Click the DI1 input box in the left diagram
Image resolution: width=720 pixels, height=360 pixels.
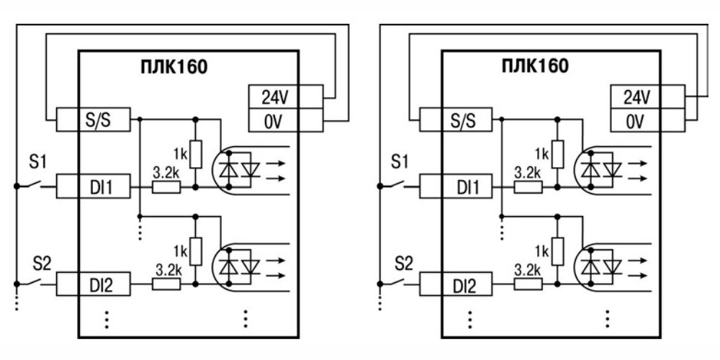tap(94, 188)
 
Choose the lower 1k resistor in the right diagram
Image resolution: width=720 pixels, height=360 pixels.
tap(557, 251)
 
